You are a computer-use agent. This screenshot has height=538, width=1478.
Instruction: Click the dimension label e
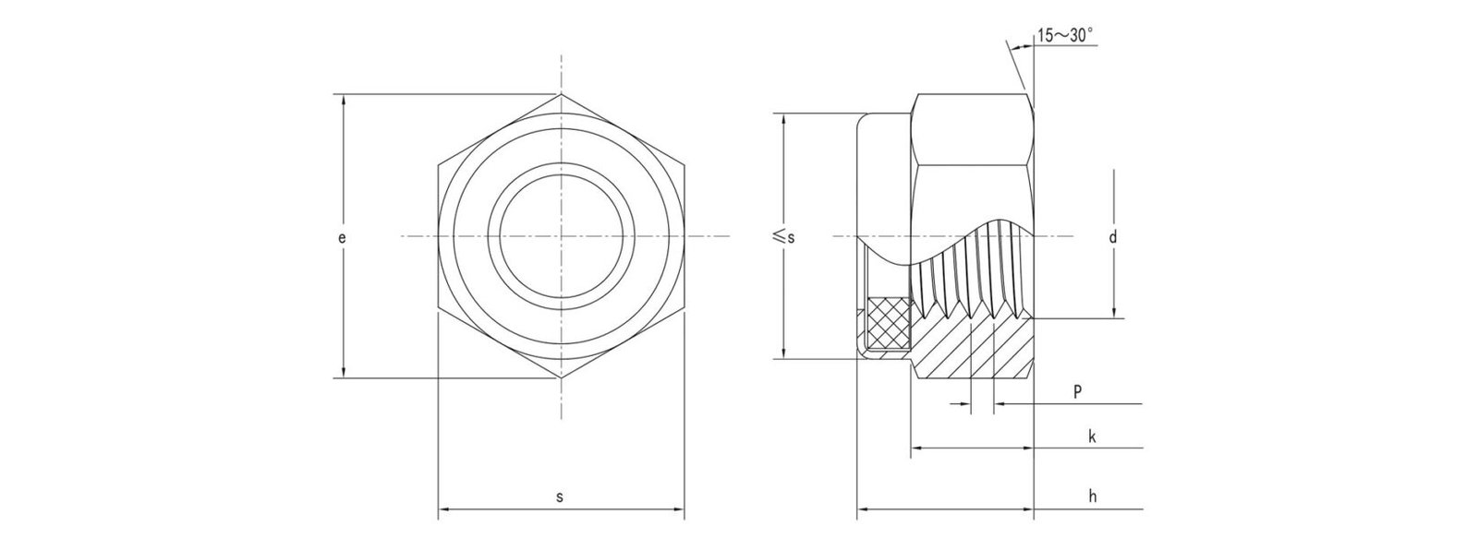point(342,238)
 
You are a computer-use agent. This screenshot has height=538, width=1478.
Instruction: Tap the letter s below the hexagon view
point(560,496)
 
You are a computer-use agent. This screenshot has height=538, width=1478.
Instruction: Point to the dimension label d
point(1113,238)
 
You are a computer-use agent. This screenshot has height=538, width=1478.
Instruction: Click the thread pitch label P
point(1078,392)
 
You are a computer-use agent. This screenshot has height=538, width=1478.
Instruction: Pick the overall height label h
point(1092,496)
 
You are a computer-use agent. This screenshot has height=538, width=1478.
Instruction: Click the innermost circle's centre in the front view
point(561,238)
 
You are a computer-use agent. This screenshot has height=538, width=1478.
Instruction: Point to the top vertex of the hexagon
point(561,94)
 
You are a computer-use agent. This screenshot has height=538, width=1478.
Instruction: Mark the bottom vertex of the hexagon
point(561,377)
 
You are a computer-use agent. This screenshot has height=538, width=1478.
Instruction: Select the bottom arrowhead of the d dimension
point(1114,314)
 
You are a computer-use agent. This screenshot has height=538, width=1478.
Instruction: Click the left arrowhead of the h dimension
point(863,508)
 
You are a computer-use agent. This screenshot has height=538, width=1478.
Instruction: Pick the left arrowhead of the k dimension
point(918,448)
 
